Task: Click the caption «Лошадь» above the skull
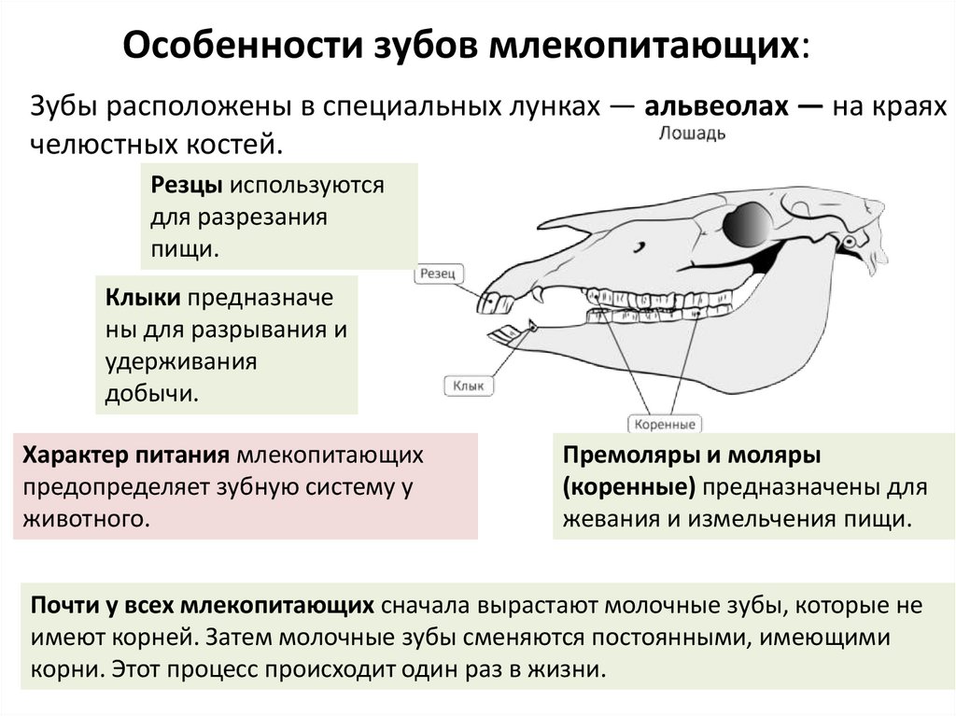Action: point(692,133)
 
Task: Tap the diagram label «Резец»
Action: point(438,274)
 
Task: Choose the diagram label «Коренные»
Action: point(665,425)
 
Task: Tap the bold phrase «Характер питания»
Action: point(127,456)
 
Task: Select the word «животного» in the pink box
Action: point(87,517)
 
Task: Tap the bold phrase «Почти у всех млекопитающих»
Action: point(204,606)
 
